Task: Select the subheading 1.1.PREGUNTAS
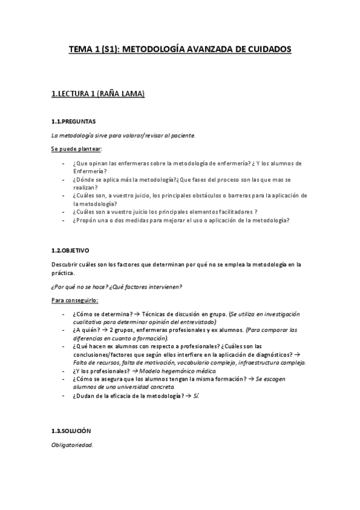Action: pos(73,121)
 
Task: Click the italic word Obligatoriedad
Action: pos(72,446)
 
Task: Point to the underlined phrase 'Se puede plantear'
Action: pos(76,149)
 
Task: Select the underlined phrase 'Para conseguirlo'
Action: pos(75,300)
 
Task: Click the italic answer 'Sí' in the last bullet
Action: pos(195,395)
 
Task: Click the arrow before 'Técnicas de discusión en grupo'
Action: pos(136,314)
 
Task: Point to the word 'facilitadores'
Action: pos(230,212)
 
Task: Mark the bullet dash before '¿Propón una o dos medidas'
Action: pos(64,220)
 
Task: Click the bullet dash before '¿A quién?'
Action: pos(64,330)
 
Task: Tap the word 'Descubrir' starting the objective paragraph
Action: pos(65,265)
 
